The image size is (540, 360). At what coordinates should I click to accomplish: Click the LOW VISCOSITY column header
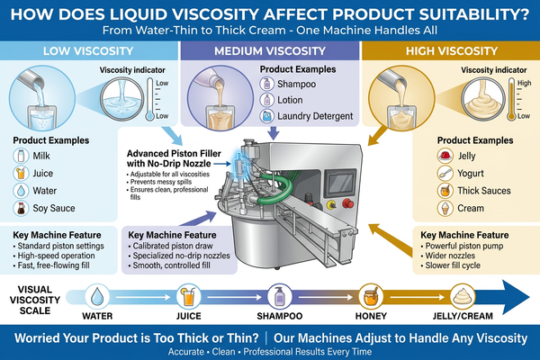88,51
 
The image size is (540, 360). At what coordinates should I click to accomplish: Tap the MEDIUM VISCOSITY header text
270,51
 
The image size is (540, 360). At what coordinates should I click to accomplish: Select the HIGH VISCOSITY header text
452,51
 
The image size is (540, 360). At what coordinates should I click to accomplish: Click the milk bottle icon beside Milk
21,156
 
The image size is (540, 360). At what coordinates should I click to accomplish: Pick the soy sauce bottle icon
21,208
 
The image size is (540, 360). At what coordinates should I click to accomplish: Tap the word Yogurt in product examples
470,174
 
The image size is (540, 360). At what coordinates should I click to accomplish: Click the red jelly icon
445,156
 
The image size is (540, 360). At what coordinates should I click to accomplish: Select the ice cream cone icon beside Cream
445,208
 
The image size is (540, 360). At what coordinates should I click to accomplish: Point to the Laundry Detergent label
315,116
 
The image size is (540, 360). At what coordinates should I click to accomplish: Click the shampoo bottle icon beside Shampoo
266,84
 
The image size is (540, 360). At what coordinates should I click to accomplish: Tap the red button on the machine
347,203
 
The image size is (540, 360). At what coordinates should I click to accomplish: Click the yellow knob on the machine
331,204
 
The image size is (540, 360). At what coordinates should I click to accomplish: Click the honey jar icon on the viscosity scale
371,296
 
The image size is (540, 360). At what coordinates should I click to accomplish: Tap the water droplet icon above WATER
97,296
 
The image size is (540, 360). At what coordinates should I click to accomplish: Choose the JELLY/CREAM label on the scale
463,316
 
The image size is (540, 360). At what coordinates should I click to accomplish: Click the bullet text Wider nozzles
450,256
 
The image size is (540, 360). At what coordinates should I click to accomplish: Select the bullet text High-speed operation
56,256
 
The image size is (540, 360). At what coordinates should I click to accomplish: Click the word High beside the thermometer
524,83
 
